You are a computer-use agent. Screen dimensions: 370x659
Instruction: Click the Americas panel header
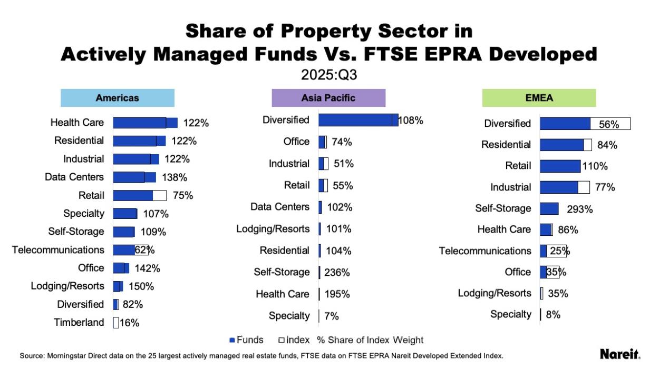117,98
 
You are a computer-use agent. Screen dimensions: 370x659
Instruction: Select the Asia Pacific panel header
328,98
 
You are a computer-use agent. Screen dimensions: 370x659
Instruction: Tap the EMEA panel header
539,98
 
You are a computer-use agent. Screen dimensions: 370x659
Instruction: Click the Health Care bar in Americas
145,123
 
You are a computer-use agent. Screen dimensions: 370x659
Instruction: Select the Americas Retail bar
139,195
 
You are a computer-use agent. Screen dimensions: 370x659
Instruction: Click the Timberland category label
79,323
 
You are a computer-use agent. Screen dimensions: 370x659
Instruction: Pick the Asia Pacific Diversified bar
358,120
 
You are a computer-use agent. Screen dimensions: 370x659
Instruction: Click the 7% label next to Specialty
332,316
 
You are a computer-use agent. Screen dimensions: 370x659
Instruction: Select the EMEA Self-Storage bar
549,208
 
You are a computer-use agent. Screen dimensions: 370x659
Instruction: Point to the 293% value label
580,209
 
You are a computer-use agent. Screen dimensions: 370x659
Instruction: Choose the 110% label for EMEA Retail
595,166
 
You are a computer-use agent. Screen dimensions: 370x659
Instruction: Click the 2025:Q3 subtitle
329,75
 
